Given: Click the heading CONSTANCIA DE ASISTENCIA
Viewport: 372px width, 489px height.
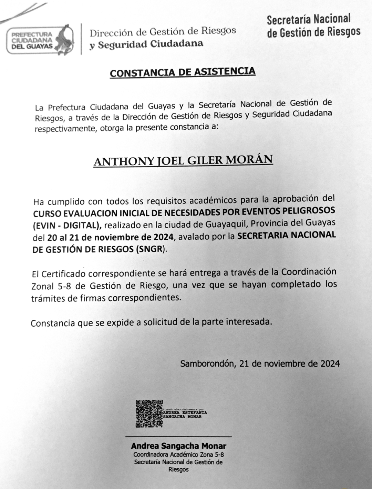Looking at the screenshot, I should [183, 72].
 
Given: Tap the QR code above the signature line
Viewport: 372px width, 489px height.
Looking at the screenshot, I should [149, 413].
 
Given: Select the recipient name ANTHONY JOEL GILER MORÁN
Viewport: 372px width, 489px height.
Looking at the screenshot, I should [183, 161].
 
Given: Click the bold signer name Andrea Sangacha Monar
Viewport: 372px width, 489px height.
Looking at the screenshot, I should [178, 446].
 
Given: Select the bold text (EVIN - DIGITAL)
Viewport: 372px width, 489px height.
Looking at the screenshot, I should [66, 226].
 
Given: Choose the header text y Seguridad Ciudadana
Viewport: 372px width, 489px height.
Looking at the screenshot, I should [146, 44].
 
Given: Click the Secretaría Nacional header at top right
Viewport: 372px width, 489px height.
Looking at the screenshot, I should [309, 19].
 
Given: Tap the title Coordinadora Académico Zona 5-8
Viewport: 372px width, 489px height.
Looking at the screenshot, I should [178, 455].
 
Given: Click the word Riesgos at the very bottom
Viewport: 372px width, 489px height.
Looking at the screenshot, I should [178, 469].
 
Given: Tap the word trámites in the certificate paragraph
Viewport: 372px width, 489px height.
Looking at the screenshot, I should [48, 298].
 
